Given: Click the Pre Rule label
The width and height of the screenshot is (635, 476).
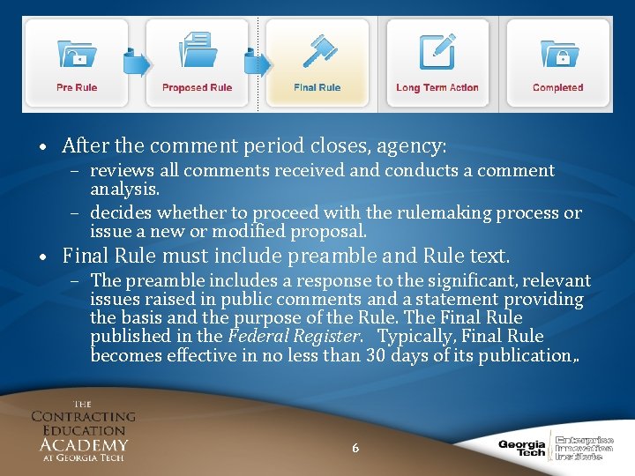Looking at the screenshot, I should click(77, 87).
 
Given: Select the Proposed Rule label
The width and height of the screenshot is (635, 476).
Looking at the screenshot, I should click(197, 87).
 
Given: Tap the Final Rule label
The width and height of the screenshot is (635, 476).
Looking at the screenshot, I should click(317, 87).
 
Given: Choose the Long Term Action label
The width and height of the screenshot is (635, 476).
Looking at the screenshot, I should click(437, 87).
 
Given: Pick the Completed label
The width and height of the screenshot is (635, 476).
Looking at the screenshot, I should click(557, 87).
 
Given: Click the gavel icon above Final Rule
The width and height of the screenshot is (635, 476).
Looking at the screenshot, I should click(317, 51).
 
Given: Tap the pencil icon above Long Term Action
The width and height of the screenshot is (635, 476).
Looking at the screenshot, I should click(437, 51).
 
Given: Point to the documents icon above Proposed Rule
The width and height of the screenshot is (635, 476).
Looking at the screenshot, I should click(197, 51).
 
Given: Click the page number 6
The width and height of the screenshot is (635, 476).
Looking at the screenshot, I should click(355, 448).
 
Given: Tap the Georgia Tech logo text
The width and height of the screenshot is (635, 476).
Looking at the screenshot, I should click(522, 448).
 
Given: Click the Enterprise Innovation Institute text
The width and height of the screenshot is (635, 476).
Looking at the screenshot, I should click(583, 447).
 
